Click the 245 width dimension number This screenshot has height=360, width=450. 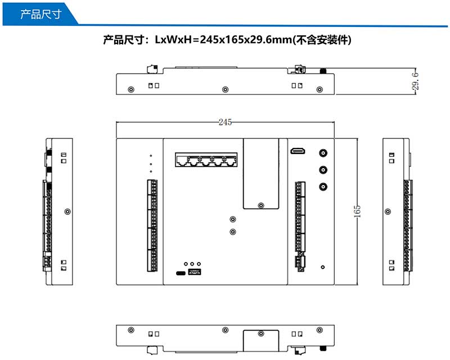(226, 122)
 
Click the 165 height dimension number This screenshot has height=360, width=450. (357, 210)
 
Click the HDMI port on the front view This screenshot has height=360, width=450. (298, 151)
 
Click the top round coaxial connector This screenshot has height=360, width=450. (323, 152)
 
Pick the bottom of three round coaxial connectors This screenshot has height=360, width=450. (323, 187)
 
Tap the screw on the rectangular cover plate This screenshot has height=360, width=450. (260, 206)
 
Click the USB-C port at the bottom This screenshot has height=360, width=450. (181, 273)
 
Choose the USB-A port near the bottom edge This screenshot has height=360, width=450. (195, 273)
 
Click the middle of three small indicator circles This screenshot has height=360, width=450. (192, 263)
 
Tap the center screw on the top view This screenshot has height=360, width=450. (226, 89)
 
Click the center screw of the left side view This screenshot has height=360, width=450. (67, 211)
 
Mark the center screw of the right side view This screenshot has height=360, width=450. (388, 211)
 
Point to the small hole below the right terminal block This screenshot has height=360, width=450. (322, 267)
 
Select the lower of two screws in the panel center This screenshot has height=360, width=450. (233, 231)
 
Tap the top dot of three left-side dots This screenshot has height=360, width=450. (151, 155)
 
